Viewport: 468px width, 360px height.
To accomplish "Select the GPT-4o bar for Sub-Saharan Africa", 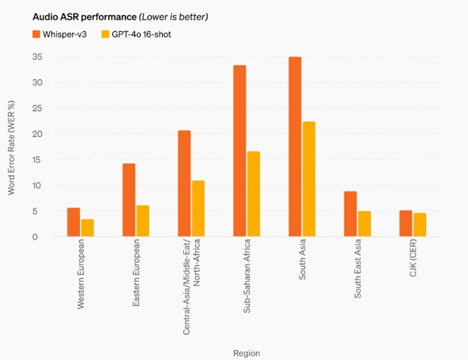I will [x=253, y=194].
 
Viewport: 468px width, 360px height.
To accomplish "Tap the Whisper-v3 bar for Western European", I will [x=73, y=222].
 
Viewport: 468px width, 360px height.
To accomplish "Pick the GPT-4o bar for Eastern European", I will [x=143, y=221].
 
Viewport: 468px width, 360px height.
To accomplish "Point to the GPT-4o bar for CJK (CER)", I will [x=420, y=225].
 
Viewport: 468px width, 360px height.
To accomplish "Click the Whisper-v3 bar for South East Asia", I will [x=350, y=214].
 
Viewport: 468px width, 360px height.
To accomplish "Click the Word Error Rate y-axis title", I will [x=11, y=148].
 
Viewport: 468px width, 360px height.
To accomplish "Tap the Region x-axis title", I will [x=246, y=353].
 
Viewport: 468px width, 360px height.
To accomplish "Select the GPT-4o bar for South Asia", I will [x=309, y=179].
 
